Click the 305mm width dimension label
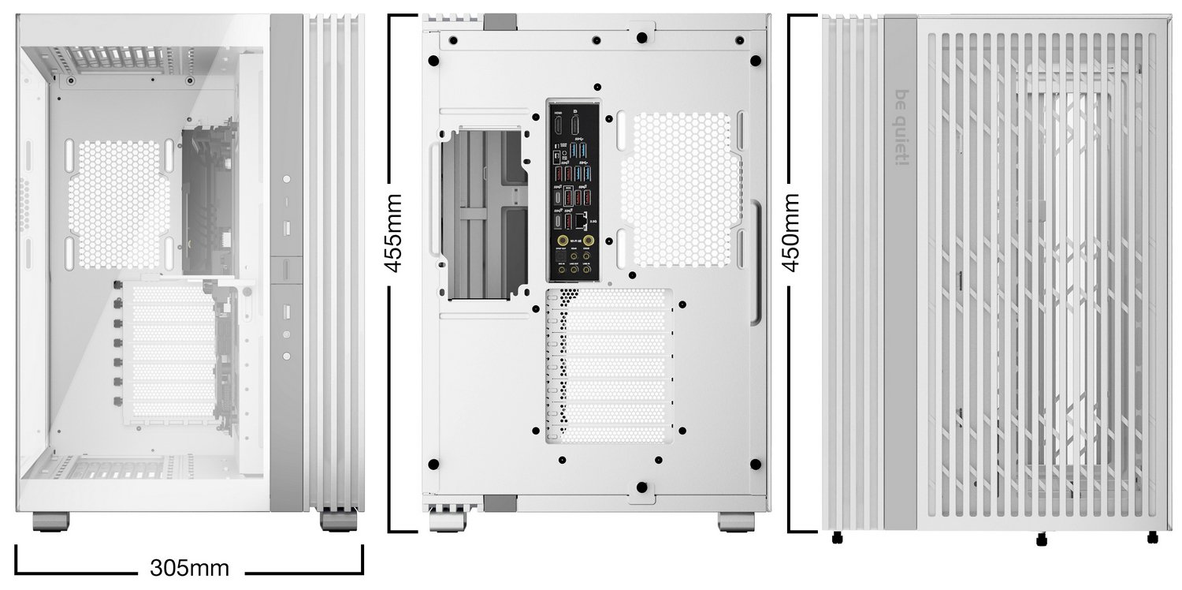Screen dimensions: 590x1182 click(x=189, y=567)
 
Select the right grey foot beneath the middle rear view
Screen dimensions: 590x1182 click(x=736, y=521)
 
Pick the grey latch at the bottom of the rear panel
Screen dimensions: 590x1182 click(x=499, y=502)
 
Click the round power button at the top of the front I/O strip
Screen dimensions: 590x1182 click(x=285, y=180)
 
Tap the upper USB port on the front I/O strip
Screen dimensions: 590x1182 click(x=285, y=228)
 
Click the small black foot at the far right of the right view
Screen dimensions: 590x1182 click(x=1153, y=538)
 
